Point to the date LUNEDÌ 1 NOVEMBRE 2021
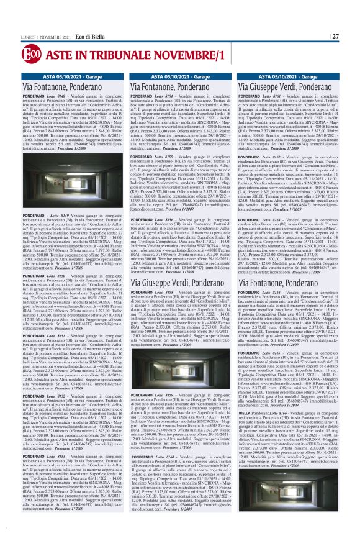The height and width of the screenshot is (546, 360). pos(45,36)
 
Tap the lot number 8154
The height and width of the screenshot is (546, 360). pos(173,96)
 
